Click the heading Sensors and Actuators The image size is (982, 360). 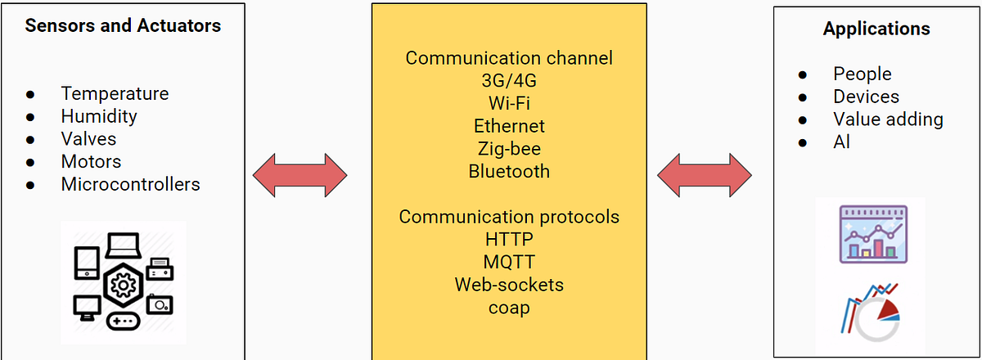[123, 26]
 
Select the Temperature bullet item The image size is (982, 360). [115, 94]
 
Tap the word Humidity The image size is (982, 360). [99, 117]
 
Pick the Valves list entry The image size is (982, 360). [88, 139]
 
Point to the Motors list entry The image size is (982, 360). [91, 162]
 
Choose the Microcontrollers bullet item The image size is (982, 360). [130, 184]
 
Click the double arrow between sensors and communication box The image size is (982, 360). [300, 174]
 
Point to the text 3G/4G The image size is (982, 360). [509, 81]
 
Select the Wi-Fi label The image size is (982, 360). [509, 104]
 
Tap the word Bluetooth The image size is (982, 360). [509, 172]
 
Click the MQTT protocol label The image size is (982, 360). [509, 262]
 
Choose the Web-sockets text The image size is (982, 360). [509, 285]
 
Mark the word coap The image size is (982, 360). [509, 308]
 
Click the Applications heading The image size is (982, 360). [876, 29]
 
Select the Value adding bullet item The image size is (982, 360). [888, 119]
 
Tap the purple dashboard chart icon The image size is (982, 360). [873, 233]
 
